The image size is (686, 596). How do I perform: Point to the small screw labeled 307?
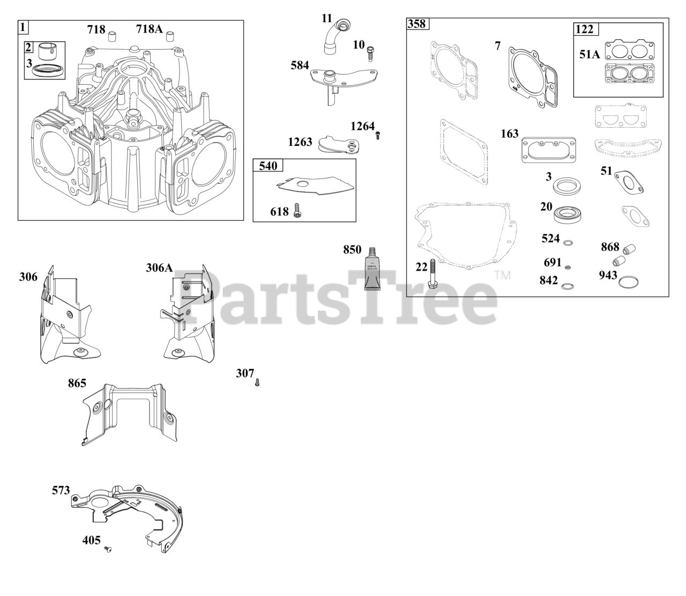(257, 382)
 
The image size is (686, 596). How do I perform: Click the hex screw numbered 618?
(297, 212)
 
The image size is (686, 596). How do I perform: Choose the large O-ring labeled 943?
(628, 281)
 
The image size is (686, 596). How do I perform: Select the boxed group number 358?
(416, 24)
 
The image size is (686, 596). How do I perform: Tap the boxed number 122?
(584, 29)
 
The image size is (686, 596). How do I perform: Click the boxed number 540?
(268, 166)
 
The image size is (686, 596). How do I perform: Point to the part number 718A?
(149, 29)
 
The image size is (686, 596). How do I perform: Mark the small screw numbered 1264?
(378, 136)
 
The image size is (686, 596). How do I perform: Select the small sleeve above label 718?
(113, 36)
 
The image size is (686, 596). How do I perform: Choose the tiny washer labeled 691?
(568, 267)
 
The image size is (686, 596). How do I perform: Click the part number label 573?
(61, 490)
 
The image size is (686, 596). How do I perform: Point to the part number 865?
(77, 383)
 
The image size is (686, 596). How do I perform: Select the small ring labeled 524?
(569, 243)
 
